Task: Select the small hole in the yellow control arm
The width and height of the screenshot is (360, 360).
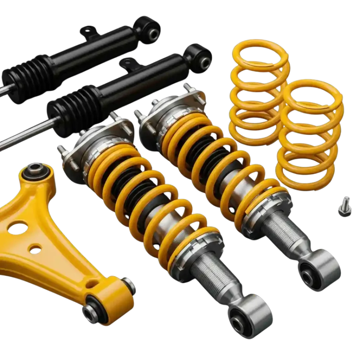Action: click(35, 250)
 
